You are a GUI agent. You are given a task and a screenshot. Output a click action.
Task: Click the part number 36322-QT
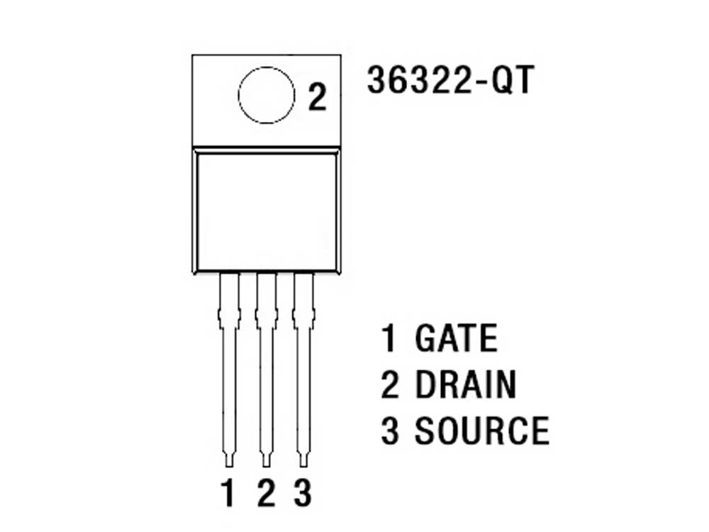coord(450,80)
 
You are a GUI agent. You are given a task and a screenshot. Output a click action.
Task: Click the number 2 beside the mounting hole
coord(317,97)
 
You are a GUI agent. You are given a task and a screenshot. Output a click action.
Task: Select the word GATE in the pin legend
coord(456,338)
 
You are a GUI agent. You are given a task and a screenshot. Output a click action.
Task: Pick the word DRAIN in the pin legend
coord(465,384)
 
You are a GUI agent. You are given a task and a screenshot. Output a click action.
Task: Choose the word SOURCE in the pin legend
coord(482,430)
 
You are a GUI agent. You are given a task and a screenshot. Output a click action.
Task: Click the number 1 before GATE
coord(389,338)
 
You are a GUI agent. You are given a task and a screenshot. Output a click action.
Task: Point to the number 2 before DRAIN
coord(390,384)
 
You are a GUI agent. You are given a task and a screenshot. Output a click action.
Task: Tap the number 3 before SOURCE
coord(390,431)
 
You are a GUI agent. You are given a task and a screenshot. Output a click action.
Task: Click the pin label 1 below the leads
coord(228,493)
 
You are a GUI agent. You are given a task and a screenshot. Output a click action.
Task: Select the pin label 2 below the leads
coord(267,493)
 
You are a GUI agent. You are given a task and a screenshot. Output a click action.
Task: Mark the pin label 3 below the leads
coord(303,493)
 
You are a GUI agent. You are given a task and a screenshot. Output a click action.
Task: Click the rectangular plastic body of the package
coord(267,211)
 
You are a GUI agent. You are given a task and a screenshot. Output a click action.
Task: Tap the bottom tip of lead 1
coord(229,467)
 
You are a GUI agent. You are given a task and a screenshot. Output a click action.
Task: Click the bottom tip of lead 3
coord(303,467)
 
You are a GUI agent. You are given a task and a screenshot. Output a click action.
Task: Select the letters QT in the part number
coord(513,81)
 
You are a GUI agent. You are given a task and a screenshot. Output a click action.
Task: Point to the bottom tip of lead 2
coord(267,467)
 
